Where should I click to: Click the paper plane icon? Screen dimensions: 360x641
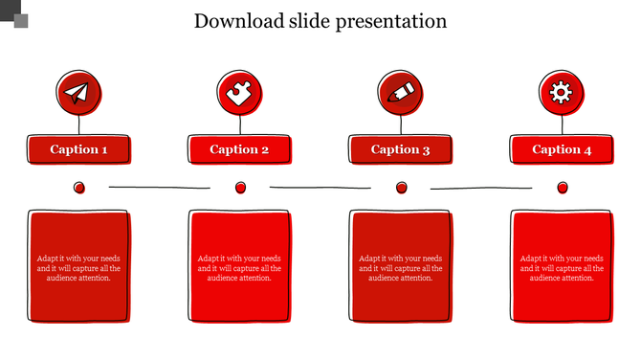point(78,92)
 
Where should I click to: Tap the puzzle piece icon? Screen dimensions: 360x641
point(239,92)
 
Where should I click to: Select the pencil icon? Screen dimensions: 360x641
point(401,92)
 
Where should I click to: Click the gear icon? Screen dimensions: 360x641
point(562,92)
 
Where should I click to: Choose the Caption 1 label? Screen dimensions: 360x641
point(78,149)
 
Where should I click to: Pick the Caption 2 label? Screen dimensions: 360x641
point(239,149)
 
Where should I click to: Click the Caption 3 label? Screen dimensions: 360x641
point(401,149)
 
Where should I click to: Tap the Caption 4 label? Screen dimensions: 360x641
point(562,149)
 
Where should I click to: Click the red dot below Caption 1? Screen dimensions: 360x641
point(79,188)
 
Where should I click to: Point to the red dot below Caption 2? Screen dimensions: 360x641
point(240,188)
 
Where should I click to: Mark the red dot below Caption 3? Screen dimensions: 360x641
point(401,188)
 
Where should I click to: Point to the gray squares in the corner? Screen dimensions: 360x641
point(15,13)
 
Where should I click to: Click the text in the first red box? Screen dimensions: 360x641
point(78,268)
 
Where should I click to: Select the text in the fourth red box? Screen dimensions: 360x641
point(562,268)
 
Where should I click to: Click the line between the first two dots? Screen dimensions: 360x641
point(159,187)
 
